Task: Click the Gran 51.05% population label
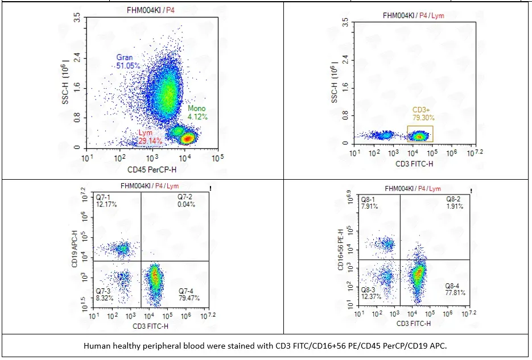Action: coord(128,61)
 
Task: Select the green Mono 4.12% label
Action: coord(196,113)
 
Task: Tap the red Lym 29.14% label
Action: coord(150,136)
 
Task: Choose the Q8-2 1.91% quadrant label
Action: coord(454,203)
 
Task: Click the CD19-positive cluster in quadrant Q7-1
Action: coord(122,249)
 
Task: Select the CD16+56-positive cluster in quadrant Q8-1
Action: coord(387,245)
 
